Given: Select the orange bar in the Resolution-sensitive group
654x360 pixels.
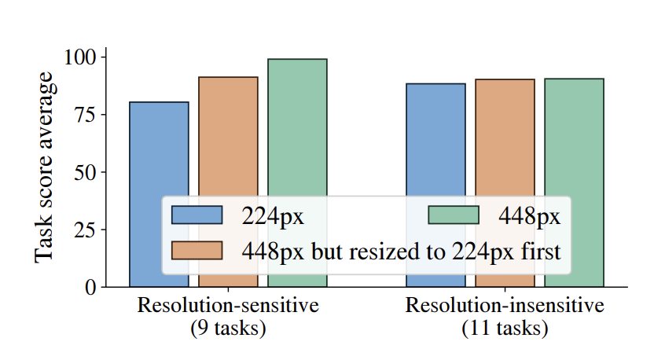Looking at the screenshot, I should (x=228, y=134).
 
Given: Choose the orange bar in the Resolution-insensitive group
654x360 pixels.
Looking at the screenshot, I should (x=505, y=134).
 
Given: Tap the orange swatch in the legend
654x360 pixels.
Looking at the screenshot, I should (x=197, y=251).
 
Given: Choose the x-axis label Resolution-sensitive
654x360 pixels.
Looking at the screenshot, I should (x=228, y=306).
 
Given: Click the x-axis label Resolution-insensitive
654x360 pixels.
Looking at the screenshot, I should (x=505, y=306).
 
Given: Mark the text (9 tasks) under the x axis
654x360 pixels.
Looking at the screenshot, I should (x=228, y=329).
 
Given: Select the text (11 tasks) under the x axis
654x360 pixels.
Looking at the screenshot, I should (x=505, y=329).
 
